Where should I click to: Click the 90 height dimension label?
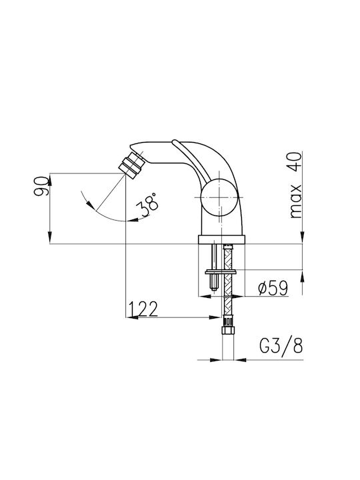click(x=41, y=186)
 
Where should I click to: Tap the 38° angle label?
click(x=148, y=204)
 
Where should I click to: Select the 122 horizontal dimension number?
click(x=143, y=309)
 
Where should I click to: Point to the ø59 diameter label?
click(x=273, y=288)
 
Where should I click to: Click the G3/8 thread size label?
click(x=281, y=346)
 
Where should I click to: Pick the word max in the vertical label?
click(x=295, y=201)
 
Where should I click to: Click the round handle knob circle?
click(x=219, y=197)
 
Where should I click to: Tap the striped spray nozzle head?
click(x=131, y=166)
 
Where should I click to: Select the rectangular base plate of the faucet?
click(x=221, y=239)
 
